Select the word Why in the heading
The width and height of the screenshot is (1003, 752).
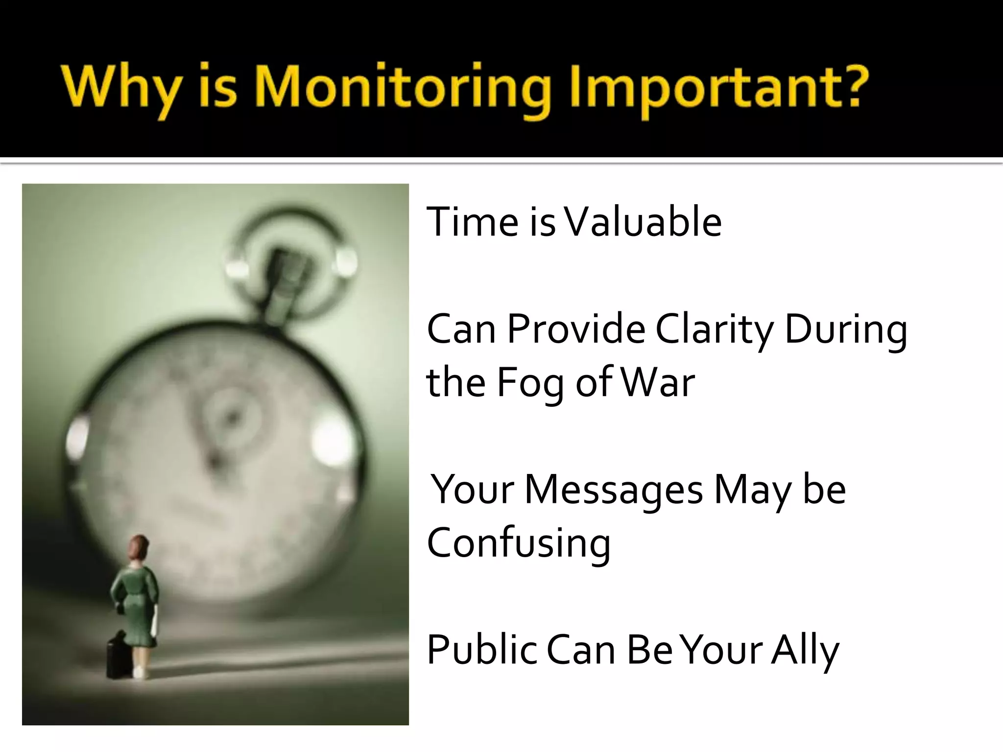point(120,88)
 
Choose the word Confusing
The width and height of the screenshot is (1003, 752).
point(519,543)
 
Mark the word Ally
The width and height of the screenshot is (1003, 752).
point(805,650)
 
